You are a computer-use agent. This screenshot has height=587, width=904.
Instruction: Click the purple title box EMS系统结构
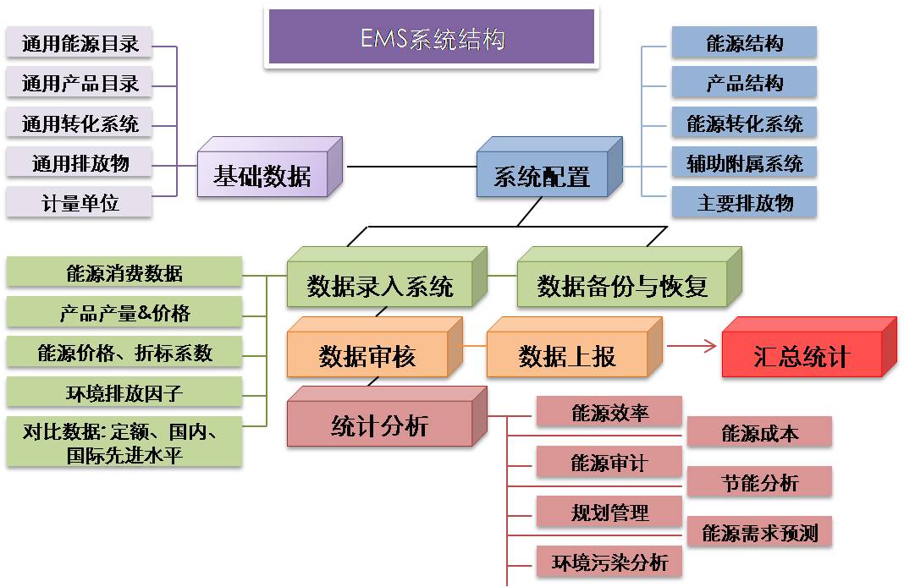(x=432, y=39)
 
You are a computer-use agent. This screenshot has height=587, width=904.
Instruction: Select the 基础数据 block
(x=262, y=176)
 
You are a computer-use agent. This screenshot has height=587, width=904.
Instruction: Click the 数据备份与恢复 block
(x=622, y=286)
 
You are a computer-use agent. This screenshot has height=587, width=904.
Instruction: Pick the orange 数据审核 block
(x=367, y=356)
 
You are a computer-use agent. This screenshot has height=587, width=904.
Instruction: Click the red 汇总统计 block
(x=801, y=356)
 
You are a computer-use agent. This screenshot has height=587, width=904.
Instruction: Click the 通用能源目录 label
(x=80, y=43)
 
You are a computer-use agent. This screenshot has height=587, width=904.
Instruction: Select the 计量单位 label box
(x=80, y=203)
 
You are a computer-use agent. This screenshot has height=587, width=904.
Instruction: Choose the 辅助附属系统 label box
(x=744, y=162)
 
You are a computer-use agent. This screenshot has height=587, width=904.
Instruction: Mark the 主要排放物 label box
(x=744, y=203)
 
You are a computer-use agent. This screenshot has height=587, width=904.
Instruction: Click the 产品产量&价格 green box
(x=124, y=312)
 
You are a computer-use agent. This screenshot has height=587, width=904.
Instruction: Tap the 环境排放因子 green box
(x=124, y=392)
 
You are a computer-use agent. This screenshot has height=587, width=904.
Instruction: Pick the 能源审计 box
(x=609, y=463)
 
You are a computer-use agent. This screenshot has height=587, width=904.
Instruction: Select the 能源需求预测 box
(x=759, y=533)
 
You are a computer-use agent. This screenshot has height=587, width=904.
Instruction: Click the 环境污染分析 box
(x=609, y=562)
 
